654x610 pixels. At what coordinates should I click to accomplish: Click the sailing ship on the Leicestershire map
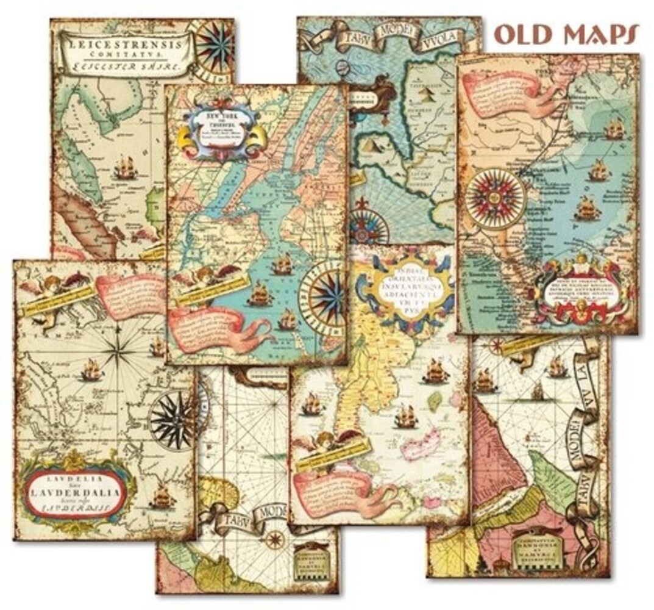point(124,168)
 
